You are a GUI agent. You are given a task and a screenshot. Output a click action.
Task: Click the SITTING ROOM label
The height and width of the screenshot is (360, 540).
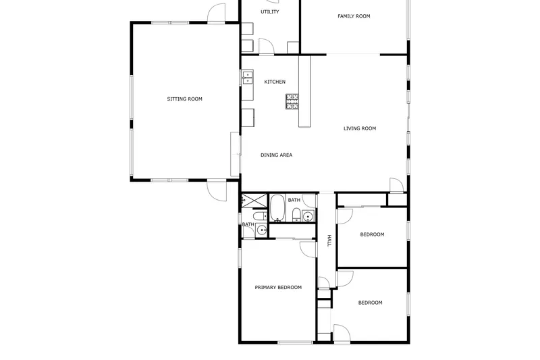[x=184, y=99]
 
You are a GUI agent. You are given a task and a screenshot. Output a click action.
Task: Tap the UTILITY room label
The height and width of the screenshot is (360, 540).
[x=269, y=11]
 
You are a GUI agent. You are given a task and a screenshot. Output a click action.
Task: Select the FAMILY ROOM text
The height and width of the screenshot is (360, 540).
[x=354, y=16]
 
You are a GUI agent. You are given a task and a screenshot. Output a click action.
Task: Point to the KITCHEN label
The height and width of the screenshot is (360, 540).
[x=275, y=82]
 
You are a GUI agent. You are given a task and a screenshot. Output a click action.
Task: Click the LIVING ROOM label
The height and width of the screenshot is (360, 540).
[x=360, y=128]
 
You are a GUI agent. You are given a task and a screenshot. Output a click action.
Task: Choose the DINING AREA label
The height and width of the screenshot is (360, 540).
[x=276, y=155]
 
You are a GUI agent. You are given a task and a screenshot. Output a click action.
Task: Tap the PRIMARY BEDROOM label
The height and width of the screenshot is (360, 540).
[x=278, y=287]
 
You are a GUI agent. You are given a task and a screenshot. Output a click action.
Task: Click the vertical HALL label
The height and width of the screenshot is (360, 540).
[x=329, y=240]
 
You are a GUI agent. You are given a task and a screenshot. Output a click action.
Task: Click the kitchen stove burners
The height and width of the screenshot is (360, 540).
[x=292, y=101]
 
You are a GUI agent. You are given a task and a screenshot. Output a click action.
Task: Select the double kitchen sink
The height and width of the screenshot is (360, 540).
[x=247, y=78]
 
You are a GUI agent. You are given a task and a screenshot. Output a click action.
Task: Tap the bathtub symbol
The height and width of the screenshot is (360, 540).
[x=277, y=208]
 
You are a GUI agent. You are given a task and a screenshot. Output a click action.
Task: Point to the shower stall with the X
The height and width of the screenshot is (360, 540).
[x=254, y=201]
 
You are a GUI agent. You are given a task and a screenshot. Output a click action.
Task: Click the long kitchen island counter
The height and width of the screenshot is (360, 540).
[x=304, y=91]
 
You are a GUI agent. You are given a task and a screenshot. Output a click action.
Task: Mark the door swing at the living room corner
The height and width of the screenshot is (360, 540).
[x=396, y=184]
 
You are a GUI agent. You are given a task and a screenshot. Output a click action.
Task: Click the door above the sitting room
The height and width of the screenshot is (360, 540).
[x=216, y=14]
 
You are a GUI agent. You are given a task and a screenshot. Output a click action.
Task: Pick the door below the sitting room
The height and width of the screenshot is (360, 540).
[x=217, y=190]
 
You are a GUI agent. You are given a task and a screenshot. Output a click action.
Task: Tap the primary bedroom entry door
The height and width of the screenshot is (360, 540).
[x=308, y=249]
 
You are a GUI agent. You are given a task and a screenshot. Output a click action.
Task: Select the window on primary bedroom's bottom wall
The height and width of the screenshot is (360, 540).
[x=295, y=342]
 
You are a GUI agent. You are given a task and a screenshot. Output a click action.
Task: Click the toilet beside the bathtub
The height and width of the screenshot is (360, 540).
[x=296, y=215]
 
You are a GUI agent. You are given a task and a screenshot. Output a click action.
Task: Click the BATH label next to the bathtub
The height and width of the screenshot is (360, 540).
[x=294, y=200]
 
